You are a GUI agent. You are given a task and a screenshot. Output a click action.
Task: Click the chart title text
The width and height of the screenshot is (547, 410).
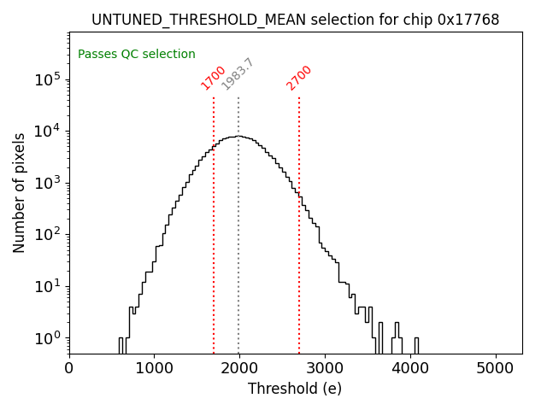295,19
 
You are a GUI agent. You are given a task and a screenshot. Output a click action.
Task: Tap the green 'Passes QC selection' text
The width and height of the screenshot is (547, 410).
137,54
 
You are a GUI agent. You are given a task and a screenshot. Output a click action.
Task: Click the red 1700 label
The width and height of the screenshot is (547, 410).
213,77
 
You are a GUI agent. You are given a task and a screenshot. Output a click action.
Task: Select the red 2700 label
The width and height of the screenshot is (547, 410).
299,77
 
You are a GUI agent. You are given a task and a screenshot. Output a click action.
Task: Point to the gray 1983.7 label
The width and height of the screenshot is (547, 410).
238,74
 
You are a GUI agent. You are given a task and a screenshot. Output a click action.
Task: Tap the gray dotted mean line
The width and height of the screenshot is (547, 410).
238,256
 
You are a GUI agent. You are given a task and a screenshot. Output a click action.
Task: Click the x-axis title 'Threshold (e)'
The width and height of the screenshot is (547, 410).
295,389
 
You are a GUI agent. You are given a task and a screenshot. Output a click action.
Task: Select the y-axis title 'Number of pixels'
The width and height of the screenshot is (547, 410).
19,192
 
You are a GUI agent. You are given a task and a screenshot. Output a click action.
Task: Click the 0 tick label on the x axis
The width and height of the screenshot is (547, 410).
69,368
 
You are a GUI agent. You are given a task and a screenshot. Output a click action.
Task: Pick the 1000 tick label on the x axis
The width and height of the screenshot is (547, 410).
154,368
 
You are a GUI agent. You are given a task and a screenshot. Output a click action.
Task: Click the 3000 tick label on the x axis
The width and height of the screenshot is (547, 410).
325,368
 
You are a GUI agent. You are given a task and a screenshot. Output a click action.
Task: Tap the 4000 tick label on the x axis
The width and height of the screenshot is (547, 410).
410,368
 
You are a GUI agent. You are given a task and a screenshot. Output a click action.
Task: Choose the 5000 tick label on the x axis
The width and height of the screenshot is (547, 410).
496,368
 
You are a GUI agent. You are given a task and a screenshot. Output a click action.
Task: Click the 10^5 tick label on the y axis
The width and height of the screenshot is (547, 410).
47,79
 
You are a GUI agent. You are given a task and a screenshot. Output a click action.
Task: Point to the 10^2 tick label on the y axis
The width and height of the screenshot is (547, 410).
47,235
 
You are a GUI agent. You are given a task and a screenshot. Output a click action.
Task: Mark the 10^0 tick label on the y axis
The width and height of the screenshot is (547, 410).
47,338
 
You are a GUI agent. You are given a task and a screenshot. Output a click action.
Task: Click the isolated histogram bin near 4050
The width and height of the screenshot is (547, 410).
415,345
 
